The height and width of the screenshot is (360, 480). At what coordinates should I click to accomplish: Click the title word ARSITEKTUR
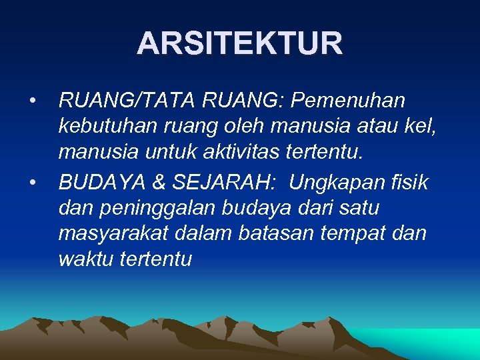[240, 44]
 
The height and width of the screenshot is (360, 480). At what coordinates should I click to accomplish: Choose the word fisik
[408, 181]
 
